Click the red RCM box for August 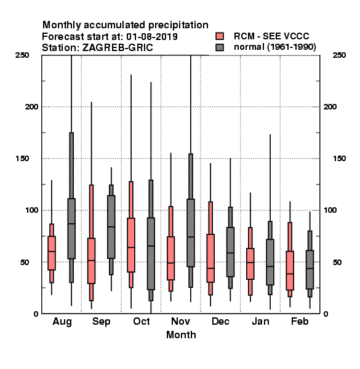click(52, 253)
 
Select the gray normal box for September click(111, 227)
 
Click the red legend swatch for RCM click(220, 36)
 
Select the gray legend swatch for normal click(220, 47)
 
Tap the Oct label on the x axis click(142, 321)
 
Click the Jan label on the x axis click(260, 321)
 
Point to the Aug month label click(62, 322)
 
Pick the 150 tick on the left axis click(22, 159)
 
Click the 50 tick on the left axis click(25, 262)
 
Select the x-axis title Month click(181, 335)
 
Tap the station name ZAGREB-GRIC click(118, 48)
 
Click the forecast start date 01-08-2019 click(152, 37)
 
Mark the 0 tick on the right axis click(326, 314)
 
